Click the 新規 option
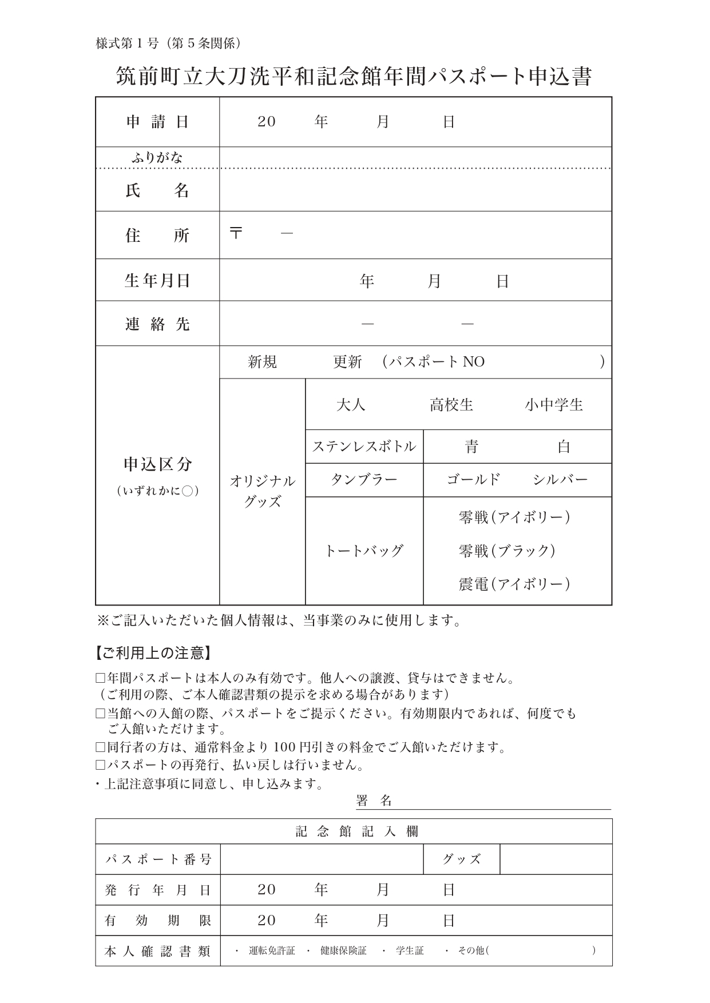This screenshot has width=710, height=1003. click(x=262, y=362)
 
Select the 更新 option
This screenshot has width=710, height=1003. click(x=347, y=362)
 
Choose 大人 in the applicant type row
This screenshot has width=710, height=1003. click(x=351, y=405)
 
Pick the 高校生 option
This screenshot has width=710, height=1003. click(x=451, y=405)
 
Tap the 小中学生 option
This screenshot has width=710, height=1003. click(x=553, y=405)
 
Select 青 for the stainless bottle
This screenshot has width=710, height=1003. click(x=471, y=447)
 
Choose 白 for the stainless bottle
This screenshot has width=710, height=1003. click(x=564, y=447)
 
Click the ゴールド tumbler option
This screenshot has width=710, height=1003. click(x=473, y=480)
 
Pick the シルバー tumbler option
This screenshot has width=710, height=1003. click(x=560, y=480)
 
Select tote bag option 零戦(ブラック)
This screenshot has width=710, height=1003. click(x=507, y=551)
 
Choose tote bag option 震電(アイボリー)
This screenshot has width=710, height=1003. click(x=514, y=584)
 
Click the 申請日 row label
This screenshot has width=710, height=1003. click(x=157, y=122)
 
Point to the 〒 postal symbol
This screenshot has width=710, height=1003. click(x=236, y=233)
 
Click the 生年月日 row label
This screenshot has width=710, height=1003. click(x=157, y=281)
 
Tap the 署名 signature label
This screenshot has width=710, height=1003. click(x=374, y=801)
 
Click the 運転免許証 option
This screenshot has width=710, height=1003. click(x=272, y=950)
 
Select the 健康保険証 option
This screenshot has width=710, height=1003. click(x=343, y=950)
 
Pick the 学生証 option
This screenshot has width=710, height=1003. click(x=410, y=950)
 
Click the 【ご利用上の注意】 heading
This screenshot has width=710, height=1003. click(x=153, y=652)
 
